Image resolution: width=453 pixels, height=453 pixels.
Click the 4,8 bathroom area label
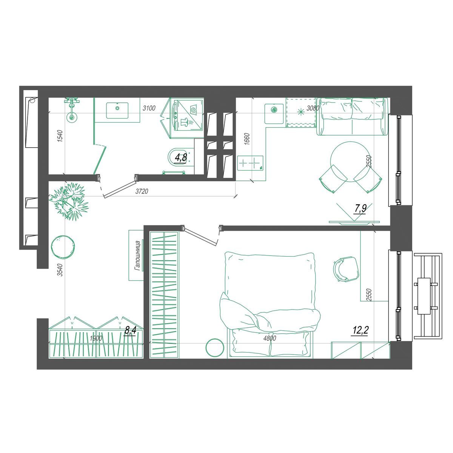181,157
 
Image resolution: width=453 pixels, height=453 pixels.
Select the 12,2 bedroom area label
360,330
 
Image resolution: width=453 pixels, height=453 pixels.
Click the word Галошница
137,256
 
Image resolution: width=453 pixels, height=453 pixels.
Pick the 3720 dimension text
142,191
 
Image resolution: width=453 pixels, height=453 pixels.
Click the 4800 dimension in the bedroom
270,338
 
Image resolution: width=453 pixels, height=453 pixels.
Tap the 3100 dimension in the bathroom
149,108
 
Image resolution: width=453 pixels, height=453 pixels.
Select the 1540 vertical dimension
60,136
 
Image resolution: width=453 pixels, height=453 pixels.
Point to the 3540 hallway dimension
60,270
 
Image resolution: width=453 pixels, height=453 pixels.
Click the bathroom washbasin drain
117,108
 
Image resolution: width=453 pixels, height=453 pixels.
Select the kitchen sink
274,114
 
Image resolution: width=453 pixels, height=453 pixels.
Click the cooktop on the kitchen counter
250,163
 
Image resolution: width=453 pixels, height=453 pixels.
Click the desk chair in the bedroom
345,269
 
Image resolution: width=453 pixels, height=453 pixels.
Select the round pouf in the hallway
63,247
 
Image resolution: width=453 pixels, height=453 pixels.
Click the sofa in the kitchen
352,116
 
